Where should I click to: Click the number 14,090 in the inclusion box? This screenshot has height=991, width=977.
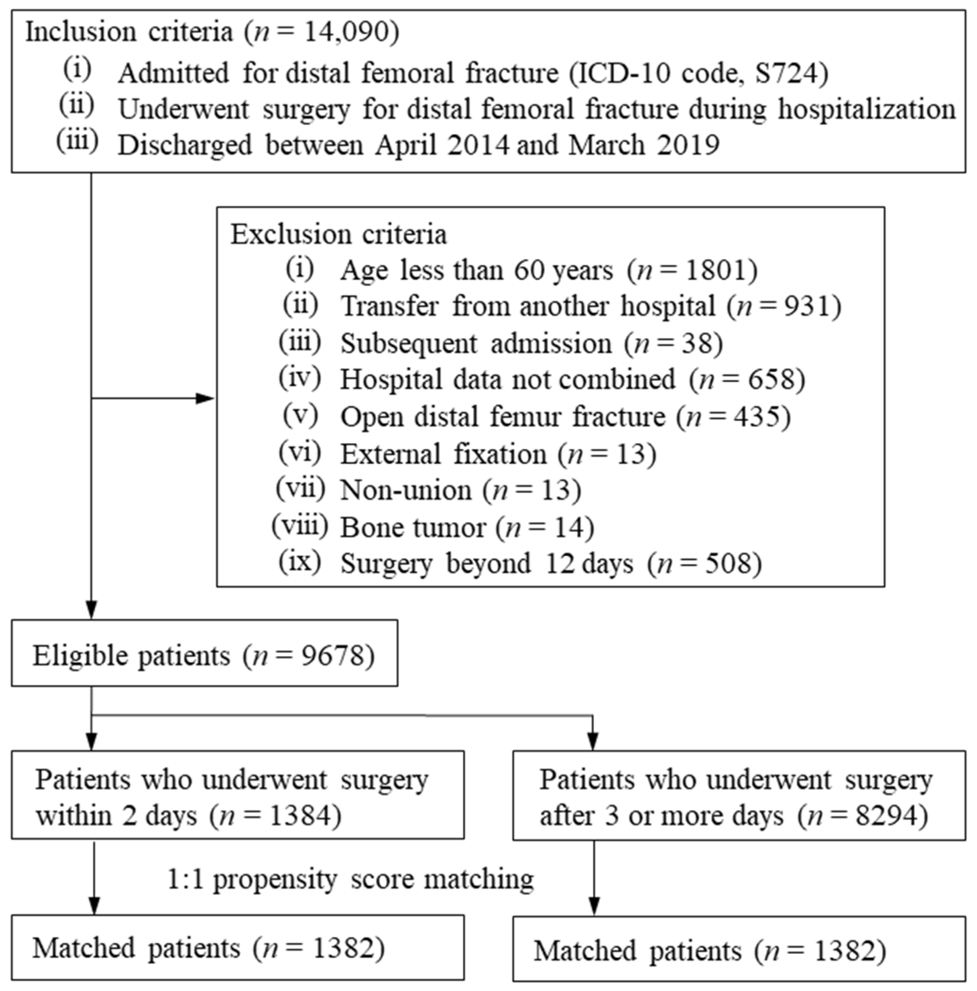(x=345, y=32)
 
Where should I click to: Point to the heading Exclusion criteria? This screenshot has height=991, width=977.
(x=338, y=234)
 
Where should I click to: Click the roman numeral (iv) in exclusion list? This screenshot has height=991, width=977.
(x=300, y=378)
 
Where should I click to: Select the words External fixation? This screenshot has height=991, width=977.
(x=443, y=454)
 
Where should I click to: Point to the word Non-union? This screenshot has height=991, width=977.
(x=405, y=490)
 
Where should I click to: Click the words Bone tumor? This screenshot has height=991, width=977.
(x=412, y=527)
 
